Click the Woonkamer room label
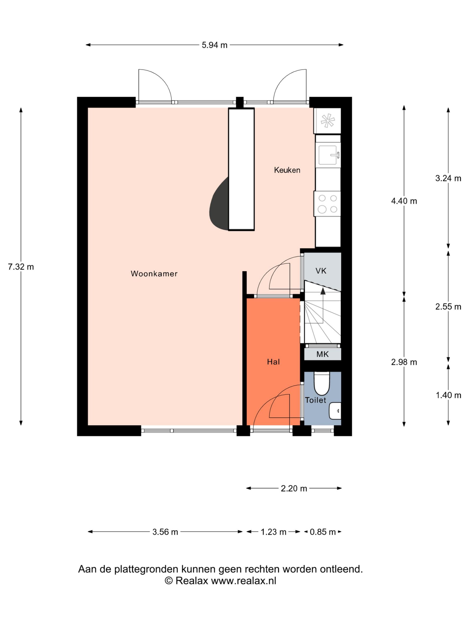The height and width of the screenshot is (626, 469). coord(154,274)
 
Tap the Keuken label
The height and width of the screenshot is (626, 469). coord(287,170)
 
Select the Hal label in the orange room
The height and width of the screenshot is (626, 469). coord(273,362)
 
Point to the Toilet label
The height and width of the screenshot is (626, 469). coord(316,400)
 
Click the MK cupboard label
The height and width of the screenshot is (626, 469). coord(323,354)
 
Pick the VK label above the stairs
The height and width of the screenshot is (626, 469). coord(321,271)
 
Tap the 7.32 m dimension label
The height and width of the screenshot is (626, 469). coord(21,267)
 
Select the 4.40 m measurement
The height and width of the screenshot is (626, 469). coord(404,201)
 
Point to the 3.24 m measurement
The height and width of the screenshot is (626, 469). coord(448,178)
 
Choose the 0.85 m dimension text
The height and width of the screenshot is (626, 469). coord(323,532)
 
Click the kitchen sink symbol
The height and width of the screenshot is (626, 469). coord(328,155)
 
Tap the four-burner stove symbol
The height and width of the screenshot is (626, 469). coord(327,204)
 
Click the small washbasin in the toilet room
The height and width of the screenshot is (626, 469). coord(335,411)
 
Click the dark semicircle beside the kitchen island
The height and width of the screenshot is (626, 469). coord(219,204)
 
